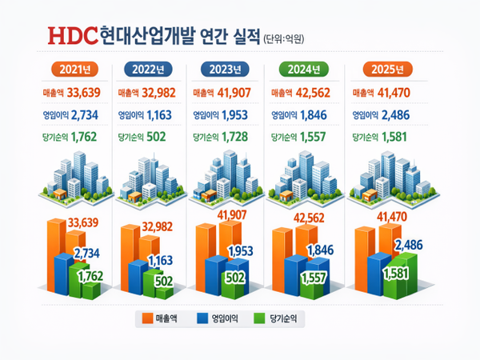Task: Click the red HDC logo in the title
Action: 73,35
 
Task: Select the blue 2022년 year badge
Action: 148,68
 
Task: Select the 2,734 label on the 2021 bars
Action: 86,254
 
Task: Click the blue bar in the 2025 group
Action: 376,272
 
